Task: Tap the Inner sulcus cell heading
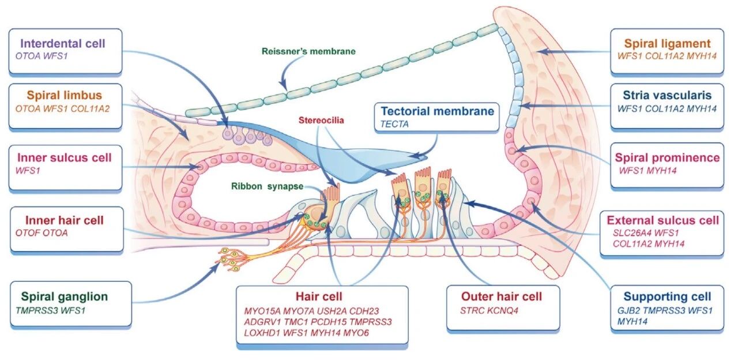coord(64,157)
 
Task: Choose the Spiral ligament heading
coord(667,43)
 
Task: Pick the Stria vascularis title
coord(667,95)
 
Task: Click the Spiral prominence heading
coord(667,157)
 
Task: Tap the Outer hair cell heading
coord(502,297)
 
